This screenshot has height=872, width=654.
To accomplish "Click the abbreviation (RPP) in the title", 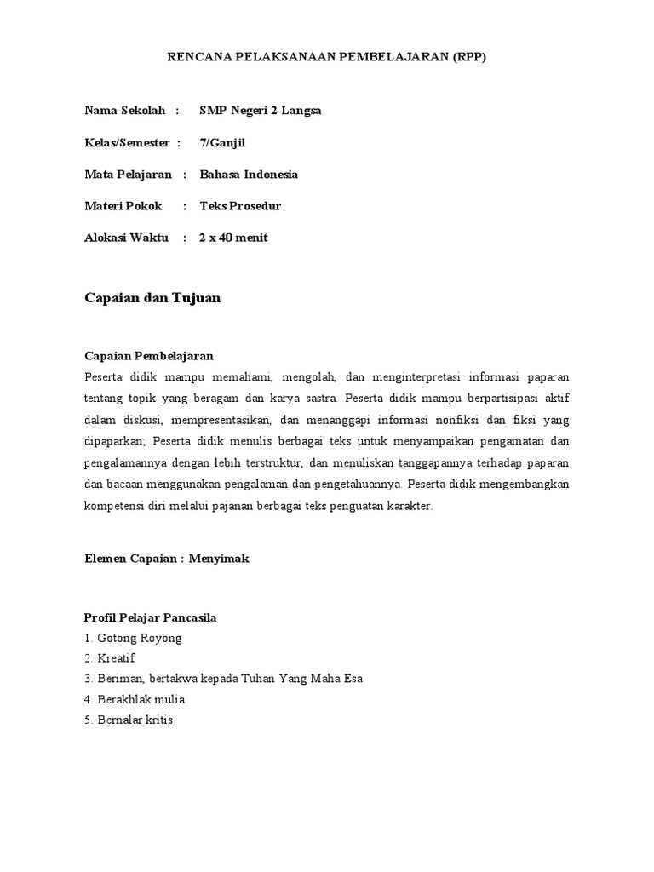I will pos(468,58).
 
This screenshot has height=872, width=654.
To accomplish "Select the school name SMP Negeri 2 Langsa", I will pos(261,111).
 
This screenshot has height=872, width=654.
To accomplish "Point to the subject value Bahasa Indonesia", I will pos(249,175).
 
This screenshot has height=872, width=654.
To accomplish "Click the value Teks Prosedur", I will pos(240,206).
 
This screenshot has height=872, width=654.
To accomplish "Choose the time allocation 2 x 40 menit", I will pos(233,238).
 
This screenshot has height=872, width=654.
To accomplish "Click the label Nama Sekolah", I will pos(124,111).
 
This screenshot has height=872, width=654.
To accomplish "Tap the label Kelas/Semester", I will pos(127,142).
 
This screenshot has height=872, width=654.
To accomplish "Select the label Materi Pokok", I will pos(123,206).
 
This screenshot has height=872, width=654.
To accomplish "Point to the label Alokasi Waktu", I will pos(126,238).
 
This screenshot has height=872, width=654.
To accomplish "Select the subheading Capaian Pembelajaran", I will pos(148,355).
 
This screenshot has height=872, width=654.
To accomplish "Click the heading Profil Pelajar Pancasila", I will pos(150,617).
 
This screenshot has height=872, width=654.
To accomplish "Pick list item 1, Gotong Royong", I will pos(133,638).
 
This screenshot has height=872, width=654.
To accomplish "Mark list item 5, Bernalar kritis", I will pos(128,720).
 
